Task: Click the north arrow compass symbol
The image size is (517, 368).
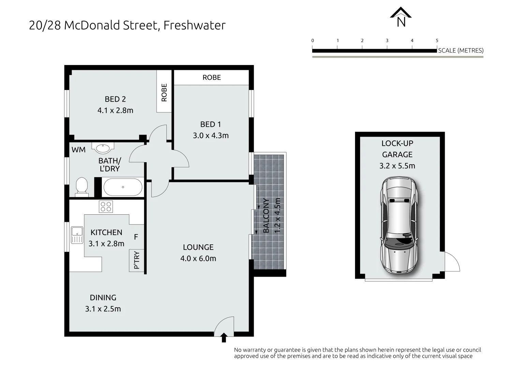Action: pyautogui.click(x=401, y=17)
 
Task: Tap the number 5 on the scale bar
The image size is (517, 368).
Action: pyautogui.click(x=437, y=41)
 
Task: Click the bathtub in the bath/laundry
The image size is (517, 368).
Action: pyautogui.click(x=123, y=187)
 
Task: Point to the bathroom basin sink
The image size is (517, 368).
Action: pyautogui.click(x=103, y=148)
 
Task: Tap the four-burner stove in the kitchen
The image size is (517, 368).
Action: pyautogui.click(x=106, y=206)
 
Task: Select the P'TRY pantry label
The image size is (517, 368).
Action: pyautogui.click(x=136, y=260)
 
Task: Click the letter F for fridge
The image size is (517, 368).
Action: pyautogui.click(x=136, y=237)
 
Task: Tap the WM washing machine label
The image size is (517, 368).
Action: pyautogui.click(x=78, y=150)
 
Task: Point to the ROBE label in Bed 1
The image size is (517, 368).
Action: pyautogui.click(x=211, y=78)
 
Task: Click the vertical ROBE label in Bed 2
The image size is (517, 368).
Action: pyautogui.click(x=164, y=93)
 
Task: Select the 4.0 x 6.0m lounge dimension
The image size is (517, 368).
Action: pyautogui.click(x=198, y=258)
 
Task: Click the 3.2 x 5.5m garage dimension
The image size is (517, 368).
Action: pyautogui.click(x=397, y=166)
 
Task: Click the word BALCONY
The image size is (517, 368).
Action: pyautogui.click(x=266, y=216)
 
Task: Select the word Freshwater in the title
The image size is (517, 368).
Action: pyautogui.click(x=194, y=25)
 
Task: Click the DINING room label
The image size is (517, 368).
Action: pyautogui.click(x=103, y=297)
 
